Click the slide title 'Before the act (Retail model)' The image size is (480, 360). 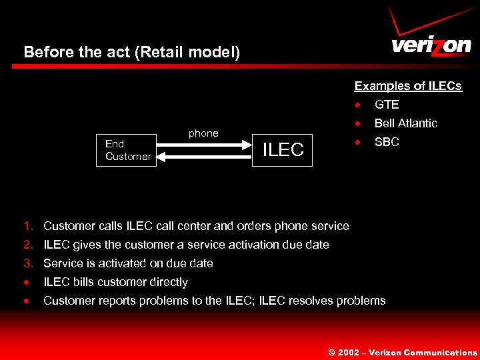pos(131,52)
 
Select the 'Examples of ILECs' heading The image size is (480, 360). pos(407,86)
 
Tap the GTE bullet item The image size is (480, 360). pos(387,105)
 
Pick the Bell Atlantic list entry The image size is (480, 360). pos(405,123)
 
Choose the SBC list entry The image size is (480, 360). pos(387,142)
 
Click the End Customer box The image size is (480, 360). pos(127,150)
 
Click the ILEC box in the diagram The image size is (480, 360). pos(283,150)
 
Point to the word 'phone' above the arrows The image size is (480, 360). pos(203,133)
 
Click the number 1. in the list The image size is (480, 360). pos(29,226)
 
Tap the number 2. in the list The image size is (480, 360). pos(29,245)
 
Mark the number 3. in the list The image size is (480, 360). pos(29,263)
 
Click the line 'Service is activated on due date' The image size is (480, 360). pos(128,263)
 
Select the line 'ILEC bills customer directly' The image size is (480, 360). pos(115,282)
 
